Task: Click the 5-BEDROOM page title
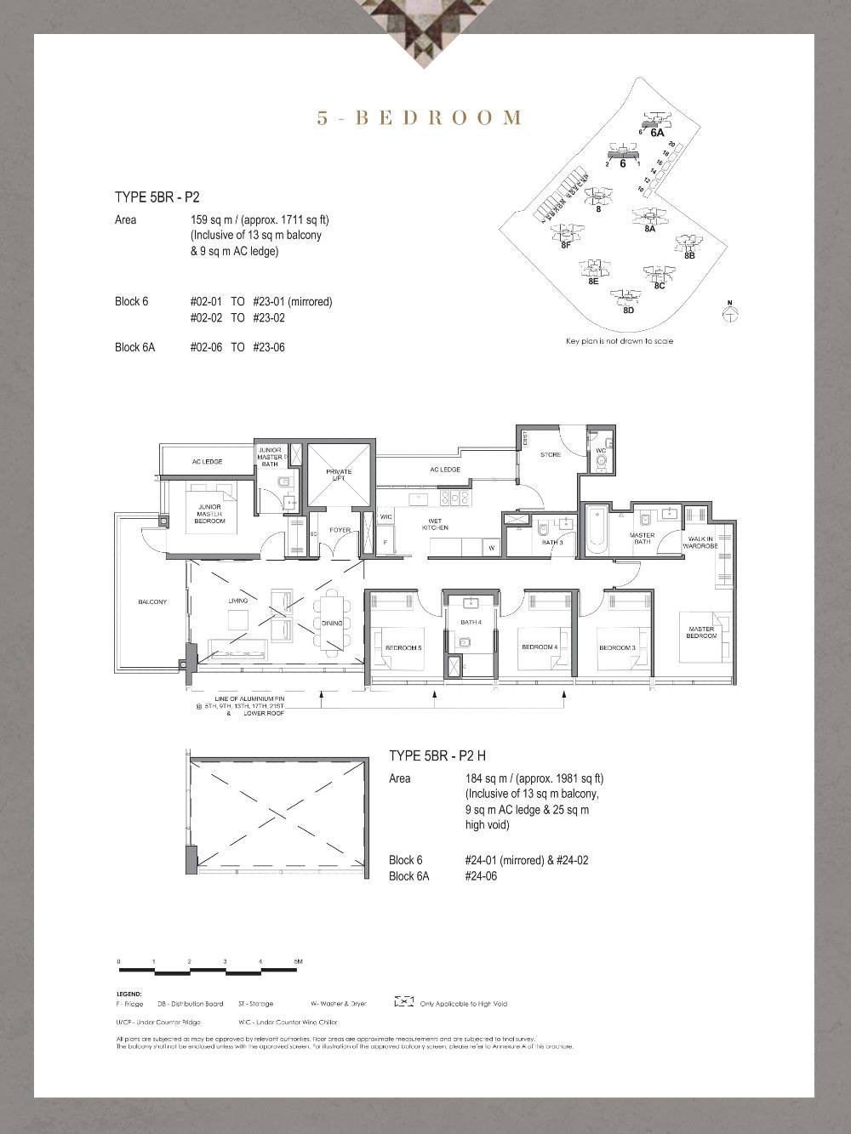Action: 419,118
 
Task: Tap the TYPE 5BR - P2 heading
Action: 157,197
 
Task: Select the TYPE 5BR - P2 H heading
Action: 437,755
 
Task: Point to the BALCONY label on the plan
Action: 152,602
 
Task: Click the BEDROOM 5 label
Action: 403,648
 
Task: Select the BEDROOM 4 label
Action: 540,647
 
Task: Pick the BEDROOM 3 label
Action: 617,648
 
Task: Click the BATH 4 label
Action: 471,622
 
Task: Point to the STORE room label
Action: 551,454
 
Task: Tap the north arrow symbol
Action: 729,313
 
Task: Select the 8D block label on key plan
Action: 628,311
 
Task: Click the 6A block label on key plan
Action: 657,133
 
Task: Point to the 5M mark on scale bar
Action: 297,962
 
